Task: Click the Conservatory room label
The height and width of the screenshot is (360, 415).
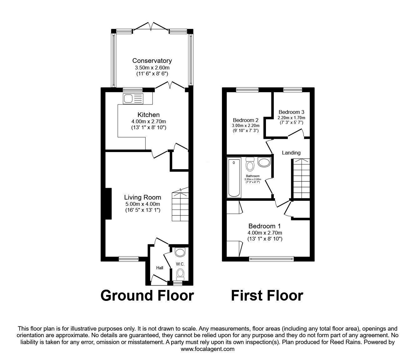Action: point(152,61)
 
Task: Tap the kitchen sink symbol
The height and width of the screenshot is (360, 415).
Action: point(133,99)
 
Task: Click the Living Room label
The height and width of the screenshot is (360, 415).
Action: point(142,197)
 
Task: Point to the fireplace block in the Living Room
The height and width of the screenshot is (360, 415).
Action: point(108,204)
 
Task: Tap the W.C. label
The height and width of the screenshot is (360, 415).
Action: point(180,264)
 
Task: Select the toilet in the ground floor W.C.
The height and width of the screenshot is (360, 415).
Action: point(180,274)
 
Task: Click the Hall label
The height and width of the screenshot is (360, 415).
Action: point(160,268)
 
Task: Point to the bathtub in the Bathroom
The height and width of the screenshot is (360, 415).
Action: point(234,178)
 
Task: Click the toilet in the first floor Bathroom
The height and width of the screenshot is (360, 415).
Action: point(250,163)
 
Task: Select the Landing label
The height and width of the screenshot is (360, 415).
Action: point(291,153)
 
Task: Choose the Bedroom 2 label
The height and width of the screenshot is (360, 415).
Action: point(246,120)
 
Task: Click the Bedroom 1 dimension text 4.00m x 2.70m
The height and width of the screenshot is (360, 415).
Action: point(265,233)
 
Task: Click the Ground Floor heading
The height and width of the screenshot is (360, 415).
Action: point(147,296)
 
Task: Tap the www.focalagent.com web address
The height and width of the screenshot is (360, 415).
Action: point(207,349)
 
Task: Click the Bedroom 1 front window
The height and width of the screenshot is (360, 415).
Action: point(271,259)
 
